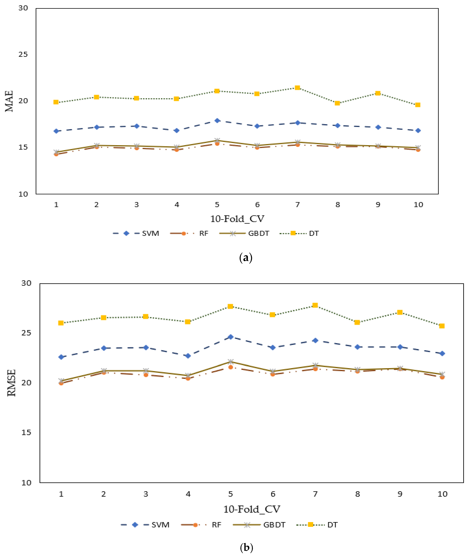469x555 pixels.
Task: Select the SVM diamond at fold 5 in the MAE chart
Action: (217, 121)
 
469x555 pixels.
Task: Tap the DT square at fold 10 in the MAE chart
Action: (418, 105)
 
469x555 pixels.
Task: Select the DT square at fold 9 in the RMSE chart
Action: (400, 312)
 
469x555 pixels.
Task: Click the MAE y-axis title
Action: (9, 101)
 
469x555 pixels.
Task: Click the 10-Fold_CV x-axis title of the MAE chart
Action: (237, 219)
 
